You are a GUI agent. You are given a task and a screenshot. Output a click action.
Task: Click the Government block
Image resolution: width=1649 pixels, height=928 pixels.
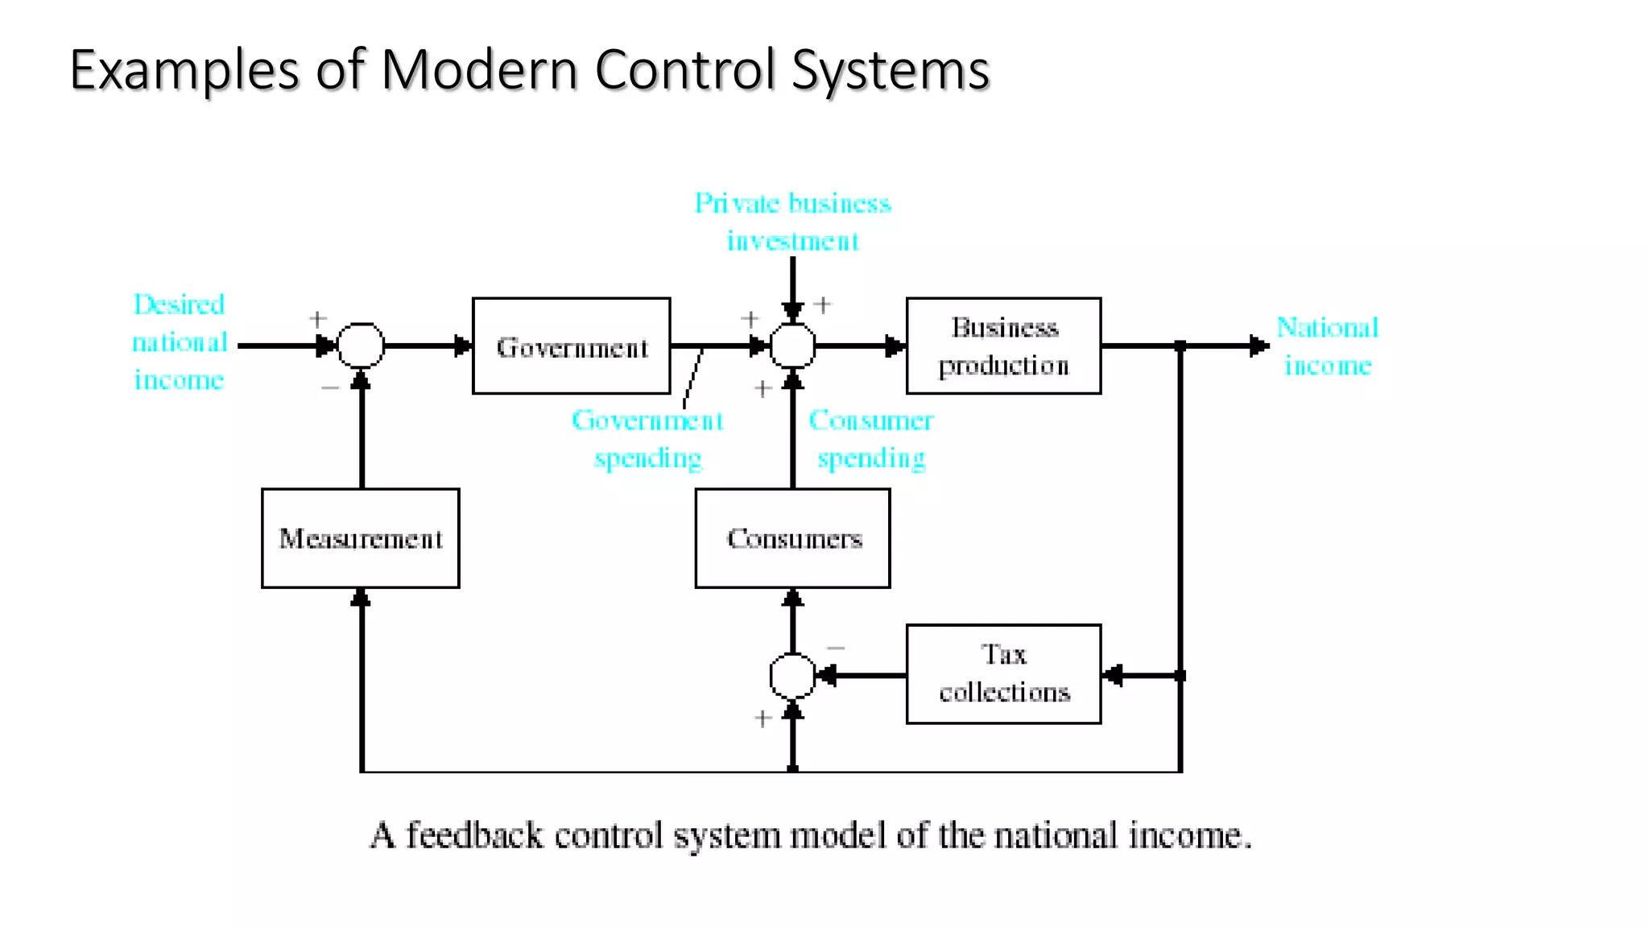coord(571,346)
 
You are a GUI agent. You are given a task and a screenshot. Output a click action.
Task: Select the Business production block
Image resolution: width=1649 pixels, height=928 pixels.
coord(1003,346)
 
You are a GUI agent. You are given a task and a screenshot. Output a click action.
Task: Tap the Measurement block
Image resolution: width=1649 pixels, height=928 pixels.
coord(361,538)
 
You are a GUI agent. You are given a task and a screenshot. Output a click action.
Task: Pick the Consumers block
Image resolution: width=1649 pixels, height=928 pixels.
coord(793,538)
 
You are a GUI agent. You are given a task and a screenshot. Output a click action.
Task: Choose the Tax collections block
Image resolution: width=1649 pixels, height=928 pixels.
coord(1003,674)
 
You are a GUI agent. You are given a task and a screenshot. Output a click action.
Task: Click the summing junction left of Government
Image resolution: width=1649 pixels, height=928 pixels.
coord(361,346)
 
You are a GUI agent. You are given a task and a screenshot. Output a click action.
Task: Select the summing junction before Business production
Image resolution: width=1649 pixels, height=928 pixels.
coord(793,346)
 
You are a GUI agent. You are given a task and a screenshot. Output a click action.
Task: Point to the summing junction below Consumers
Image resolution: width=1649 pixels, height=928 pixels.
coord(793,676)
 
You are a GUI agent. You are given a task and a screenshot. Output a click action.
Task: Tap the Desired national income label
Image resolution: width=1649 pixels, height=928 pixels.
coord(180,342)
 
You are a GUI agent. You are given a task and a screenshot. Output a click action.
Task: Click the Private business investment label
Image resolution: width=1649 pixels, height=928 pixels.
coord(793,222)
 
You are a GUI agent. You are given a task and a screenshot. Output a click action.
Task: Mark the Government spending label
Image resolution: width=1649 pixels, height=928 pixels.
coord(647,439)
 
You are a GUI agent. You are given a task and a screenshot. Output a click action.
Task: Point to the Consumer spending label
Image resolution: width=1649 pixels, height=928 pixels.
coord(871,439)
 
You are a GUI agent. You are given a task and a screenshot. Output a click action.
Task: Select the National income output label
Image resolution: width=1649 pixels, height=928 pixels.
coord(1328,346)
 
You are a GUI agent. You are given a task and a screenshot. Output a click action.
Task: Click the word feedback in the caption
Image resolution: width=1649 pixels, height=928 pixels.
coord(473,835)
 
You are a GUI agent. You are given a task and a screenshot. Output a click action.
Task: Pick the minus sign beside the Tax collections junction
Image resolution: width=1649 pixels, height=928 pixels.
coord(837,648)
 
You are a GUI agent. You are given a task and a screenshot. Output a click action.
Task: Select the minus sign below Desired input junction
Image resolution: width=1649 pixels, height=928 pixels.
coord(330,387)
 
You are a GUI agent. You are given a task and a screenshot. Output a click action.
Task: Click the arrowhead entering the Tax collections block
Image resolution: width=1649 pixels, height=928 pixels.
coord(1112,675)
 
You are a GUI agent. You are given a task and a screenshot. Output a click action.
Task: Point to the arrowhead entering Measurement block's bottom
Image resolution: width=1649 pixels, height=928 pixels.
coord(362,597)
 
